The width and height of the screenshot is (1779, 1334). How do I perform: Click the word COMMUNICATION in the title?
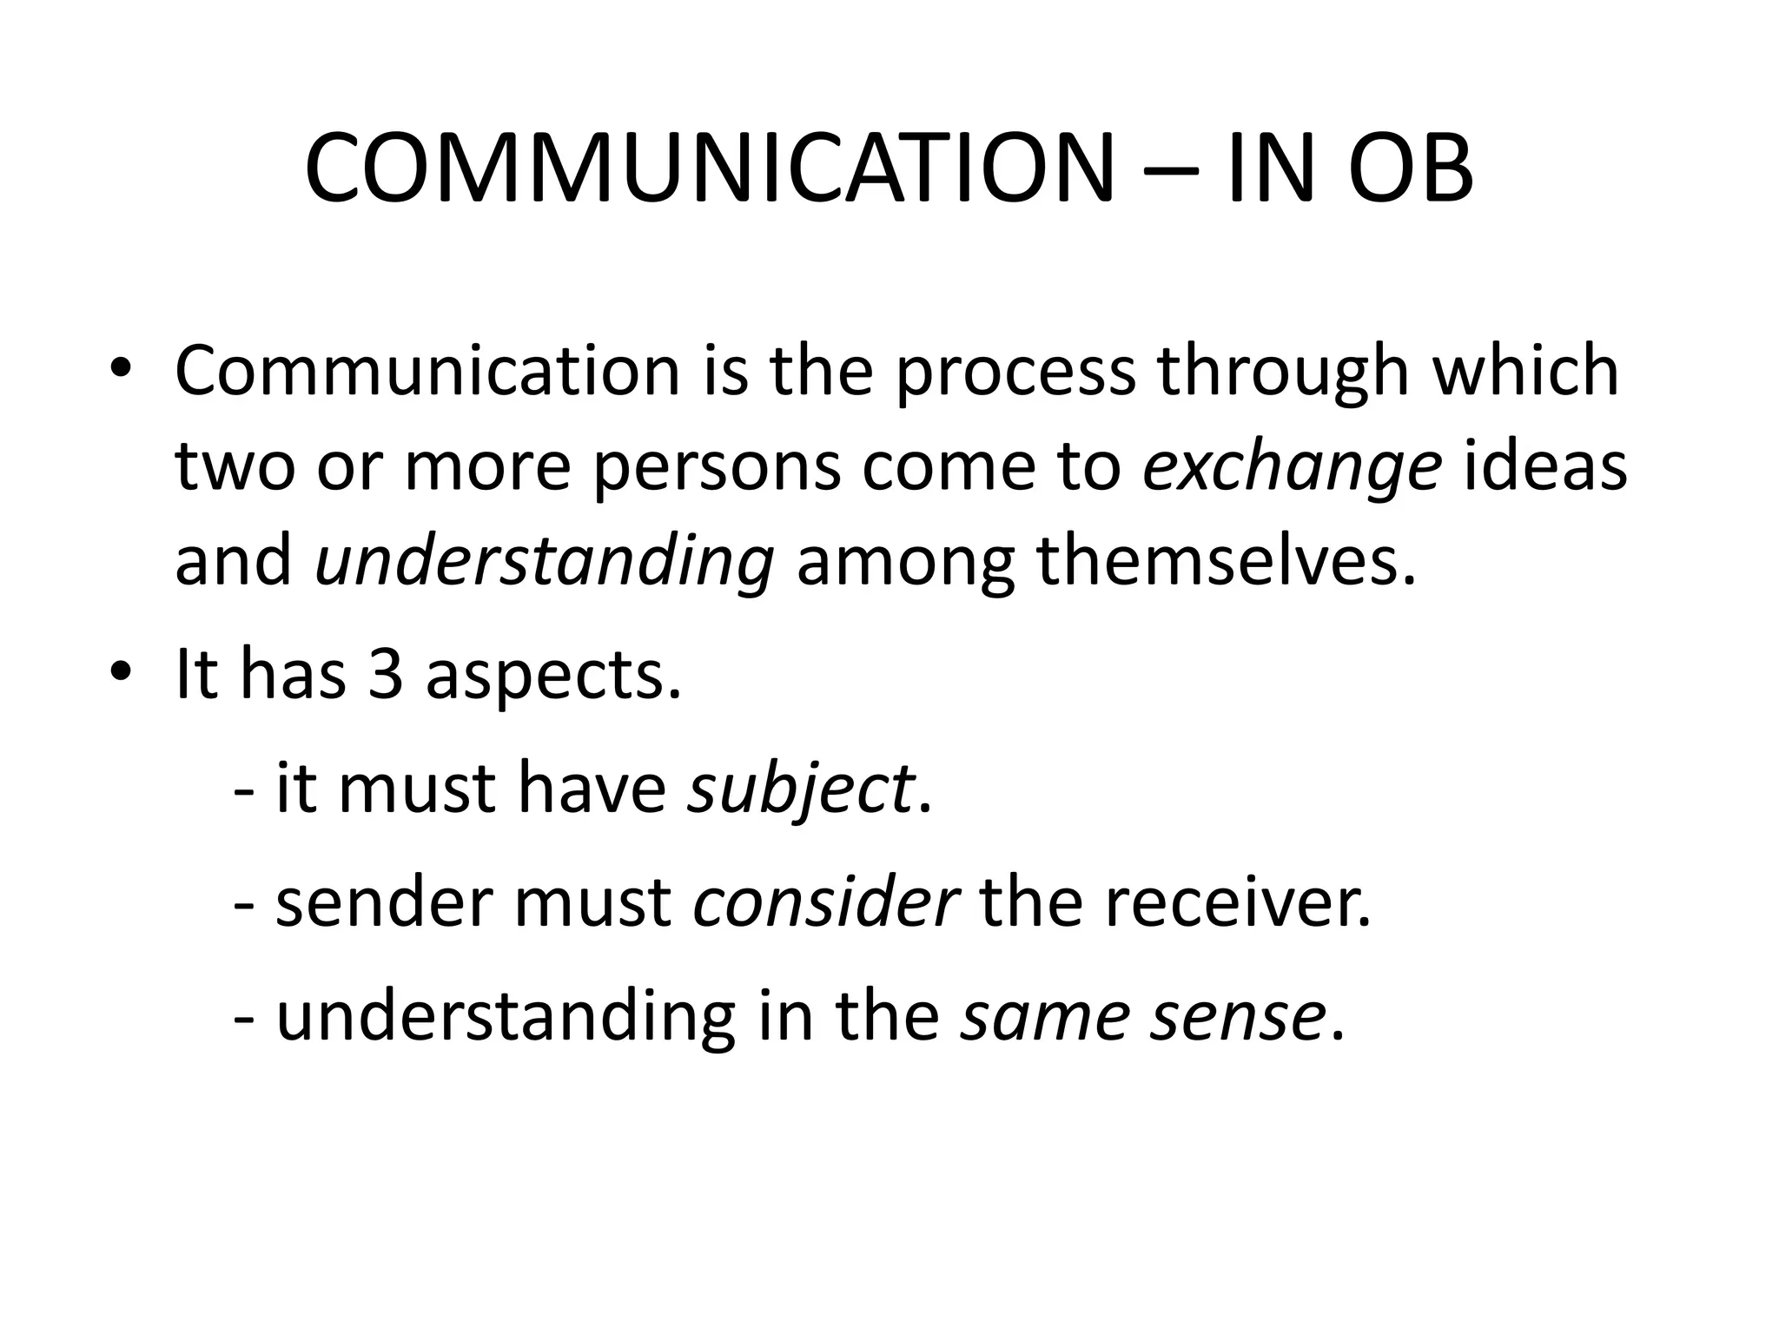coord(709,168)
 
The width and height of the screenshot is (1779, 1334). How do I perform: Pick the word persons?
coord(718,469)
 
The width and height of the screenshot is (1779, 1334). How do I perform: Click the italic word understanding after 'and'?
coord(544,563)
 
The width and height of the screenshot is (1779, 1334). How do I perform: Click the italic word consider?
coord(825,902)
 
